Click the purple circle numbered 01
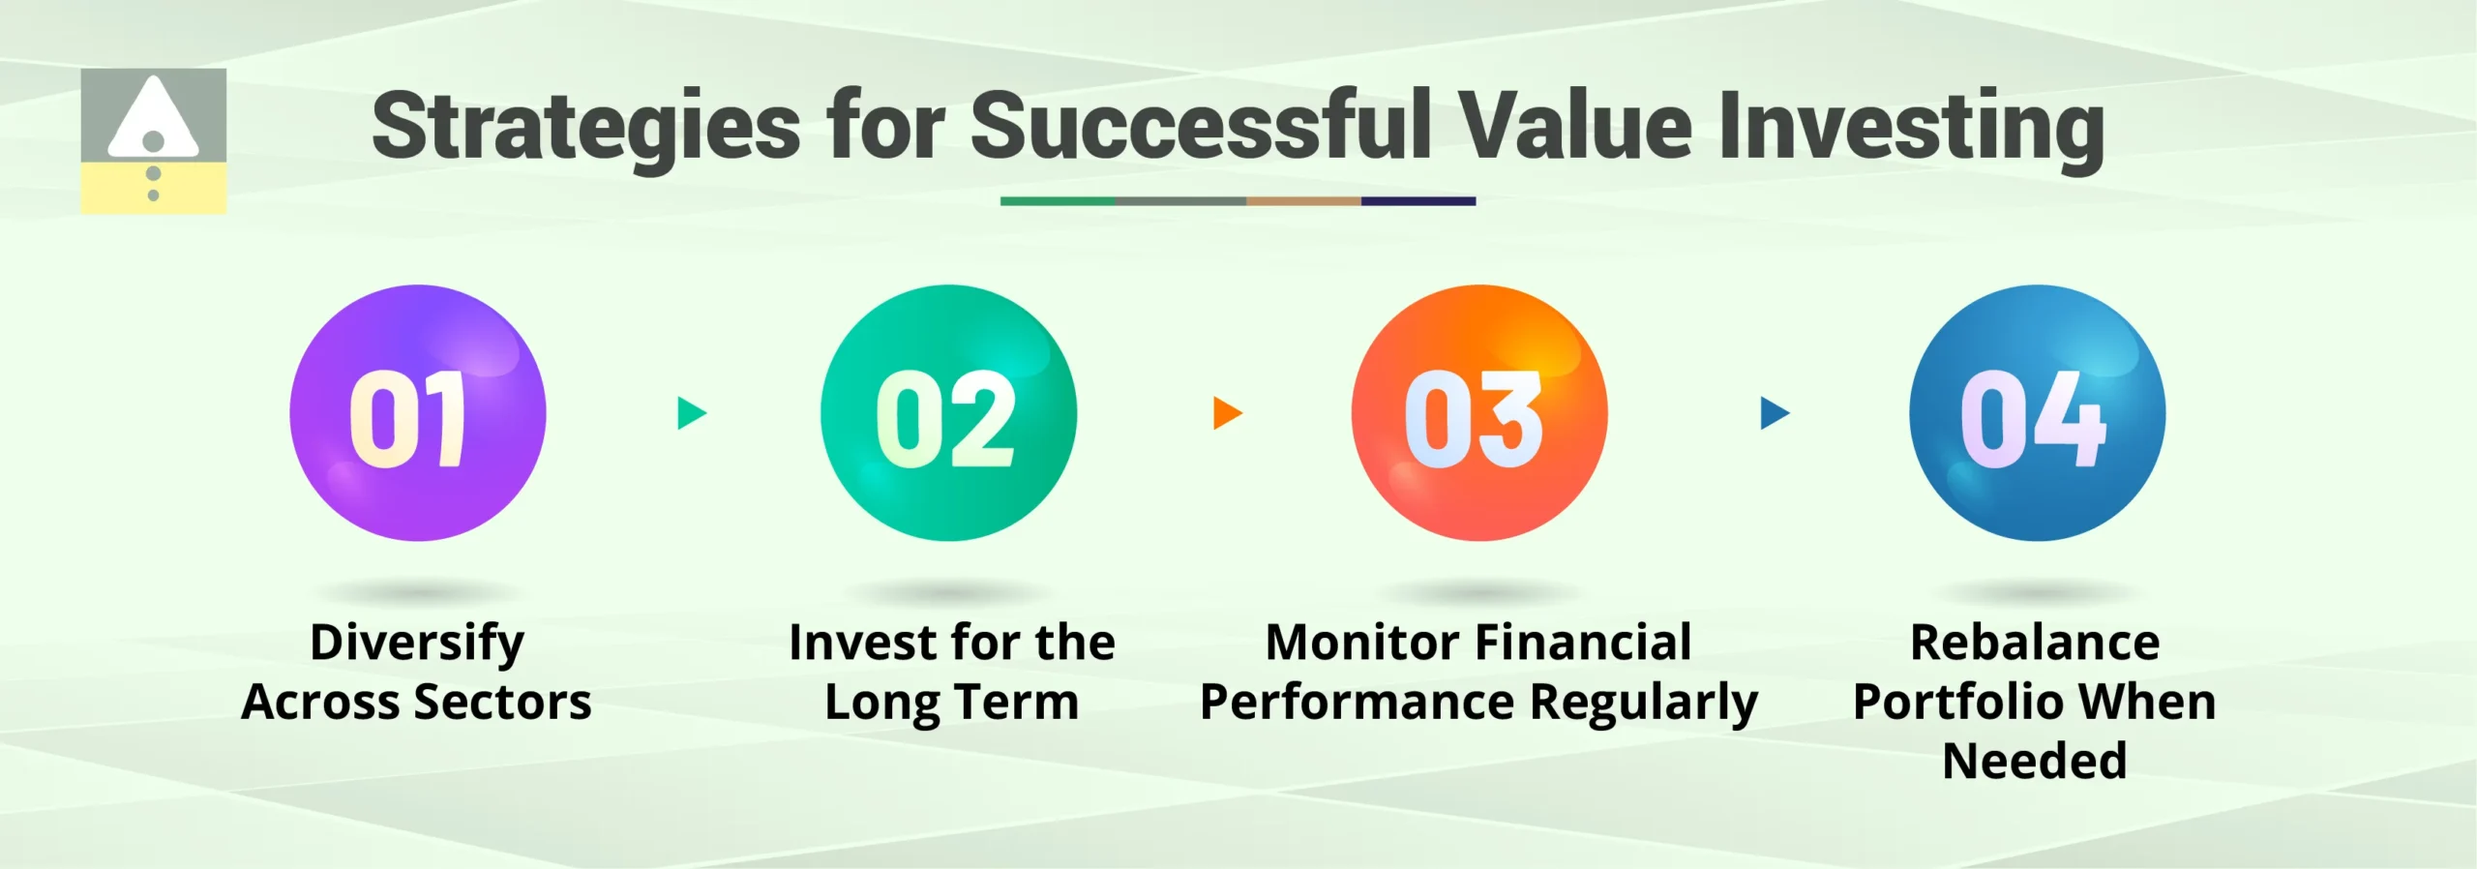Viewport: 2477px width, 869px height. point(417,413)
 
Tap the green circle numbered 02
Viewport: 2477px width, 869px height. point(948,413)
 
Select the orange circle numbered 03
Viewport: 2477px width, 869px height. point(1478,413)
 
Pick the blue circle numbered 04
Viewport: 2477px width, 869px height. point(2037,413)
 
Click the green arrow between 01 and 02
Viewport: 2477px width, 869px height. point(691,413)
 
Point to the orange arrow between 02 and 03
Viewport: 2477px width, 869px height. point(1226,413)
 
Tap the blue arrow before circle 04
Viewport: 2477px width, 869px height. point(1774,413)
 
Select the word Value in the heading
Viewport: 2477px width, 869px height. point(1575,126)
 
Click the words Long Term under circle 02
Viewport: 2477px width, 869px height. point(951,703)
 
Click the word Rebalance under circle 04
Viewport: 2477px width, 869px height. point(2035,643)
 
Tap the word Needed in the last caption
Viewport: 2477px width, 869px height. point(2035,761)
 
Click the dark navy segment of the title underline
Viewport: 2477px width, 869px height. point(1418,201)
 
